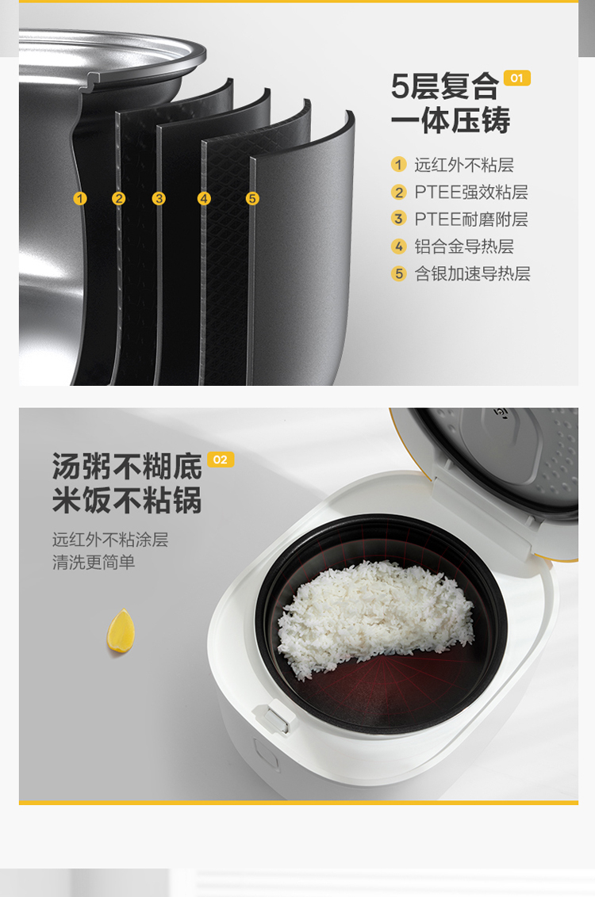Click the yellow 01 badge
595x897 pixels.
[x=516, y=78]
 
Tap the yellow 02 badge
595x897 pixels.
[x=221, y=460]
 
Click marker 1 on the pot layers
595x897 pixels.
[x=80, y=199]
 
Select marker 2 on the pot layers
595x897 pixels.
[x=118, y=199]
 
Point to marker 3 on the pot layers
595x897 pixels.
[x=159, y=199]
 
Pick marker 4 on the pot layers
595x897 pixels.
[x=204, y=199]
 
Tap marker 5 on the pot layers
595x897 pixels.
[x=252, y=199]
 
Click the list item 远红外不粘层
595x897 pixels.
[x=464, y=165]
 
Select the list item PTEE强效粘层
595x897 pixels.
[x=470, y=193]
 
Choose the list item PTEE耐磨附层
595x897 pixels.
[x=470, y=219]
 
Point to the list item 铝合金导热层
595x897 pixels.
[x=464, y=246]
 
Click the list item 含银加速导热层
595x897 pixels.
[x=472, y=273]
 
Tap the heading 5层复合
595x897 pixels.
[x=445, y=86]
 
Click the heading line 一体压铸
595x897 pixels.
[x=450, y=120]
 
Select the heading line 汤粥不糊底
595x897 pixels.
[x=127, y=466]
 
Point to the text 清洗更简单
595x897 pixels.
[x=94, y=563]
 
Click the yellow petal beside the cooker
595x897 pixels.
[x=121, y=631]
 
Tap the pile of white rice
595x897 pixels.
[x=376, y=616]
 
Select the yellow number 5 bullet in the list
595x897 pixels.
[x=398, y=273]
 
